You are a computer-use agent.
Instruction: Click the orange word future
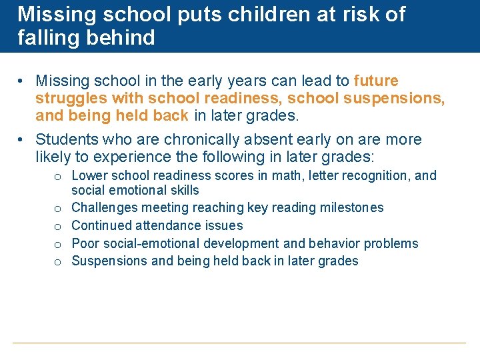tap(376, 81)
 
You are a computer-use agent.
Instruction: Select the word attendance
tap(167, 226)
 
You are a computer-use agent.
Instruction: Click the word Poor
tap(85, 243)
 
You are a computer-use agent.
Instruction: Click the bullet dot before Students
tap(22, 140)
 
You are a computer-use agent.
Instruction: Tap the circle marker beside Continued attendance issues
tap(59, 227)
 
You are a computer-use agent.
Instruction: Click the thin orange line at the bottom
tap(239, 343)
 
